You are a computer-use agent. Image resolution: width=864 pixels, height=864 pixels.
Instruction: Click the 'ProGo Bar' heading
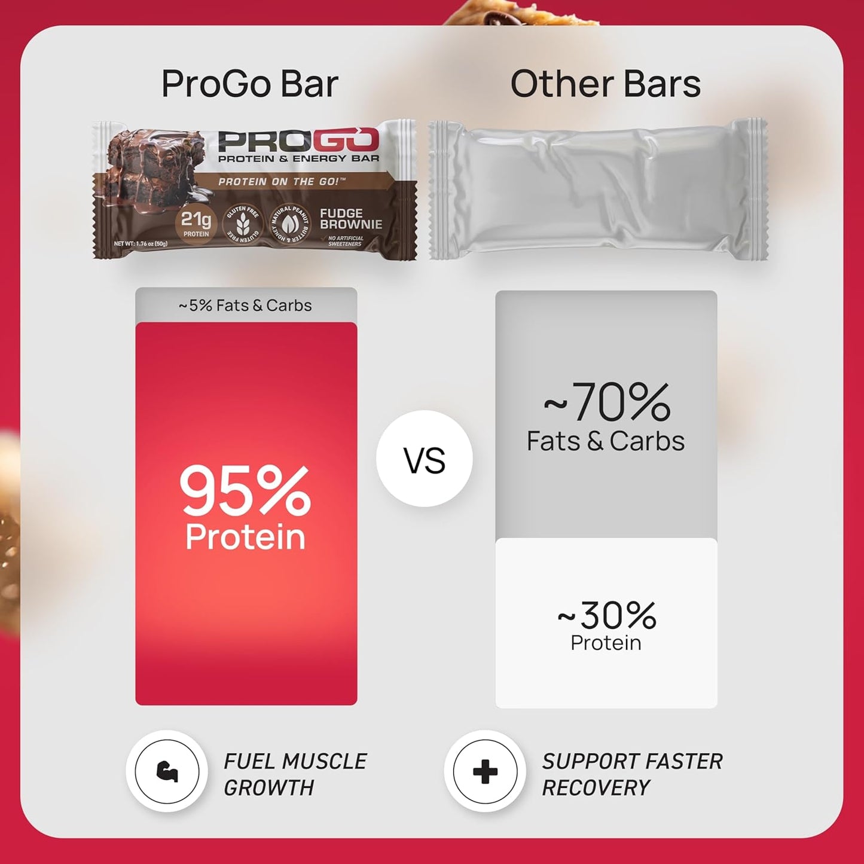249,84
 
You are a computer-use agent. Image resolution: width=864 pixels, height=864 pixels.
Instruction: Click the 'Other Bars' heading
605,84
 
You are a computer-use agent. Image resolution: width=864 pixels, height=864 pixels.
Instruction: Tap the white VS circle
425,459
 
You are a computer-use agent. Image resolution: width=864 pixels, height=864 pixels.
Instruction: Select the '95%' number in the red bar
245,491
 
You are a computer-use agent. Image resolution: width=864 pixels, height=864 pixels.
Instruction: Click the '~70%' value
606,404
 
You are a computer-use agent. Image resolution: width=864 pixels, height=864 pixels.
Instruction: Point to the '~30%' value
606,616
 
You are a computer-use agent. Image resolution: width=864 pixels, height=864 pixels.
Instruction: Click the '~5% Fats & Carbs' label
245,306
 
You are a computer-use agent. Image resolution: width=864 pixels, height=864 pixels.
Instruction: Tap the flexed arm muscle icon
167,771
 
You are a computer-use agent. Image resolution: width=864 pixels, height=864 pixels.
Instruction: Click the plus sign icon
485,771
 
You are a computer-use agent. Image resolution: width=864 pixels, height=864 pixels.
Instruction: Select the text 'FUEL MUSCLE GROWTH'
295,774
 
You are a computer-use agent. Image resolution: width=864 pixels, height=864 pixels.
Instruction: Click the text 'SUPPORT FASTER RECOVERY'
631,774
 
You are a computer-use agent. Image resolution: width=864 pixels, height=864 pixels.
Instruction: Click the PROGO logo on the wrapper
298,141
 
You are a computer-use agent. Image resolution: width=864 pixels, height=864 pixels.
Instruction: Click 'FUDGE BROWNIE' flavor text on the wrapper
350,219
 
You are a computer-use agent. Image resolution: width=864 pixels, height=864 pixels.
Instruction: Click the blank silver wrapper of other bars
598,190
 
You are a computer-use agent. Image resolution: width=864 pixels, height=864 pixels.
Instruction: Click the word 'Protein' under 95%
245,537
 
